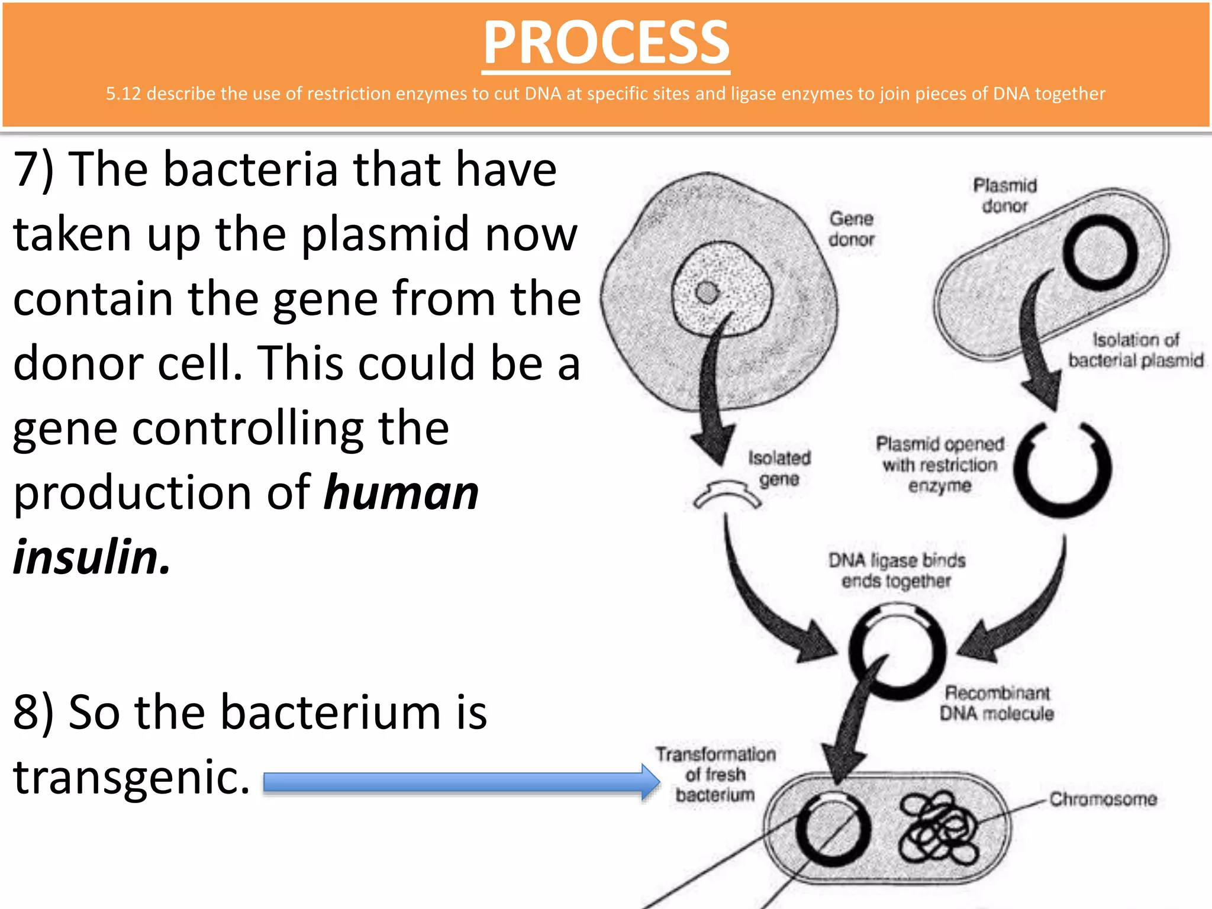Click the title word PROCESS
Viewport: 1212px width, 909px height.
(x=606, y=43)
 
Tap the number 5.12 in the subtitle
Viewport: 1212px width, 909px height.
(x=123, y=94)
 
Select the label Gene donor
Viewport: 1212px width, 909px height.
(x=851, y=229)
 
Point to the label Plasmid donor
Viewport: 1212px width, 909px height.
(x=1005, y=195)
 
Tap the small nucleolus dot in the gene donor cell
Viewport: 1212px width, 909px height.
(x=707, y=292)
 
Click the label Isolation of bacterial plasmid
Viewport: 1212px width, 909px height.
(x=1135, y=350)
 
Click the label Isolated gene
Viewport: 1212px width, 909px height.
(x=779, y=468)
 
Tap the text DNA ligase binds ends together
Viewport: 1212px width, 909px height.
(x=896, y=570)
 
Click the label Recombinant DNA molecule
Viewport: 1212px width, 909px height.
(x=997, y=703)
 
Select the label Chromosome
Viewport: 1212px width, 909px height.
(x=1103, y=799)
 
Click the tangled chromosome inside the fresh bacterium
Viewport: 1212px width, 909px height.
(x=938, y=829)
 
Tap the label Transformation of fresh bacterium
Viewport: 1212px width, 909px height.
(x=715, y=774)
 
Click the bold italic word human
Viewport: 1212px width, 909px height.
(x=401, y=492)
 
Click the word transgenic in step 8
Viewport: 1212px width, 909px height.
(x=131, y=776)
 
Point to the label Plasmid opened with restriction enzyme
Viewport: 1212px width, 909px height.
(x=939, y=465)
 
